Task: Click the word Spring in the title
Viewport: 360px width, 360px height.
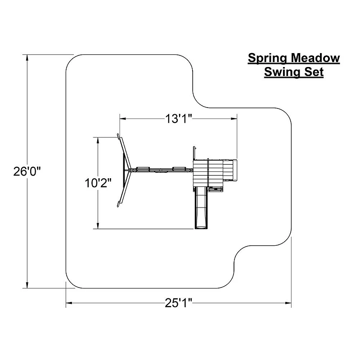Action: tap(267, 58)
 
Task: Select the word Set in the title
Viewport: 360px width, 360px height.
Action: tap(314, 72)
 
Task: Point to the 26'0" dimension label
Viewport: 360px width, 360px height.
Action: tap(27, 171)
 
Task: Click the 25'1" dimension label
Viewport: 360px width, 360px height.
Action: tap(178, 303)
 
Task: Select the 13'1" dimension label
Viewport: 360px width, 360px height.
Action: tap(178, 119)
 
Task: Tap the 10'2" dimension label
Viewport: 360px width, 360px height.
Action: tap(98, 183)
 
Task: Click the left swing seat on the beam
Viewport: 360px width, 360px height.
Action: tap(143, 169)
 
